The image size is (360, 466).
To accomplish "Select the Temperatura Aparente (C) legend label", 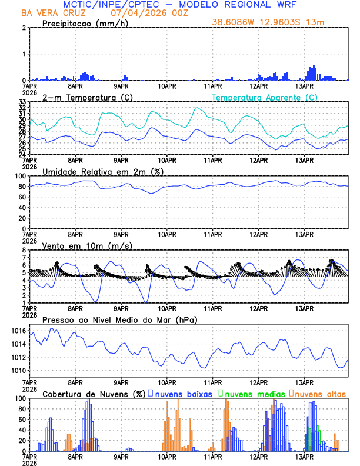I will click(x=264, y=98).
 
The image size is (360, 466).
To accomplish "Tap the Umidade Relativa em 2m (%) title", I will click(x=103, y=171).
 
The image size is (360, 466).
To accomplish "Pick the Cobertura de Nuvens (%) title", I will click(x=94, y=394).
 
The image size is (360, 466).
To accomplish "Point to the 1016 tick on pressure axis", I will click(x=19, y=331).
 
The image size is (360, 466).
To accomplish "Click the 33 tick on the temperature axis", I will click(x=22, y=102).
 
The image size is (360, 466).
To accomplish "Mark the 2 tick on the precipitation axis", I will click(x=24, y=28).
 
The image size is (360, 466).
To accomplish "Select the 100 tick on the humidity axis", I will click(x=19, y=176).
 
